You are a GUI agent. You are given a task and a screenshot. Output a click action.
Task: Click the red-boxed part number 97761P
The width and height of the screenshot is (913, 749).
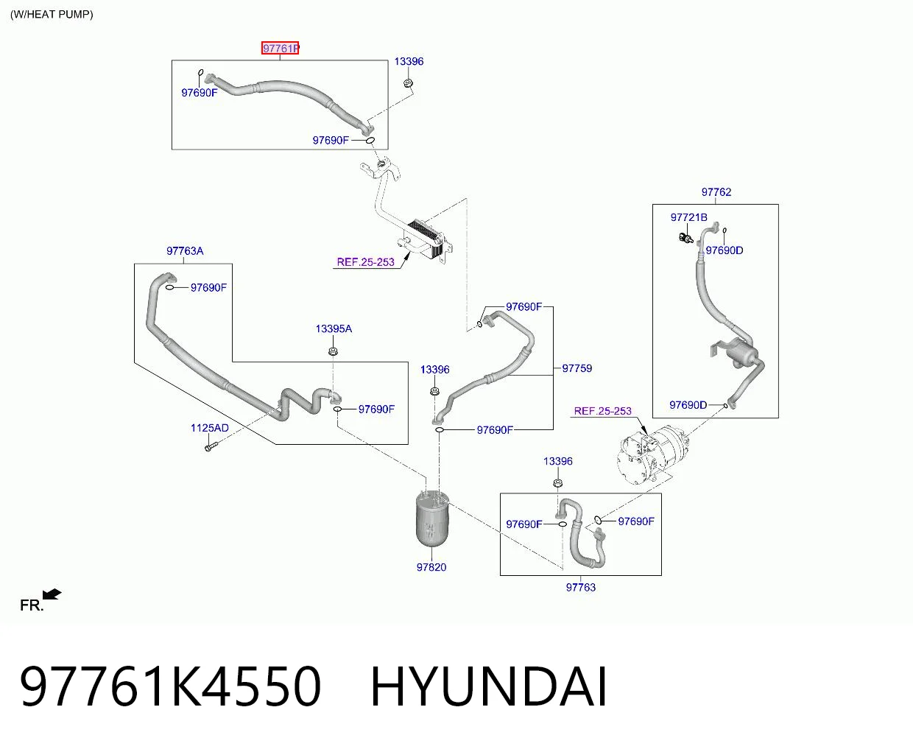coord(280,48)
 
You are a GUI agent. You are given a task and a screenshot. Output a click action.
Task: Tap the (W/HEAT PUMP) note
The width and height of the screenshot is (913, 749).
coord(52,14)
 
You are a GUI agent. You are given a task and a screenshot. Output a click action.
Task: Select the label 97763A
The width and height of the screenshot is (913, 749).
coord(185,251)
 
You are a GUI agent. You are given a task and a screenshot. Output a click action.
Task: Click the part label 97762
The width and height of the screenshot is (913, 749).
coord(716,191)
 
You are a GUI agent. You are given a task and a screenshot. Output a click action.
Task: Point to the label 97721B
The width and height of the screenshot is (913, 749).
coord(688,217)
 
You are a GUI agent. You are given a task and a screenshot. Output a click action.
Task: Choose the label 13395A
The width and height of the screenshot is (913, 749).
coord(334,329)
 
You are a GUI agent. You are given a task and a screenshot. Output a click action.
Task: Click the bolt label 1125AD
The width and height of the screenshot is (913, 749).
coord(210,428)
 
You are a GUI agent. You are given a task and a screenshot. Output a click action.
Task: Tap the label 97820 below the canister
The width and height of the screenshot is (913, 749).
coord(431,567)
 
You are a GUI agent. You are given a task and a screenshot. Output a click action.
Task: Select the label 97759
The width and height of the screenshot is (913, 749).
coord(577,368)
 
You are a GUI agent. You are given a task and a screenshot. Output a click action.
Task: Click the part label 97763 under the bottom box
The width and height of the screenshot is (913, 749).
coord(580,588)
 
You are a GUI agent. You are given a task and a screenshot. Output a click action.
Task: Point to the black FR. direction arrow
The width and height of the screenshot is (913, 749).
coord(52,594)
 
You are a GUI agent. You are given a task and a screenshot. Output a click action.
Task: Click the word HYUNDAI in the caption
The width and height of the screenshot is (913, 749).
coord(489,687)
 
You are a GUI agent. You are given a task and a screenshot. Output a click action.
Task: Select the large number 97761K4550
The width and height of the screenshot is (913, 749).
coord(170,687)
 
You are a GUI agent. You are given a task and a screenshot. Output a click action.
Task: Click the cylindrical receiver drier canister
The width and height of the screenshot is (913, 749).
coord(432,520)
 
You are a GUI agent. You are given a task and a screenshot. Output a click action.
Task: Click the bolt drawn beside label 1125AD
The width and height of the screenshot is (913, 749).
coord(211,446)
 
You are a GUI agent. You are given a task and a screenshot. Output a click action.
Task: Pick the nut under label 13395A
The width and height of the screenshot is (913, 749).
coord(333,351)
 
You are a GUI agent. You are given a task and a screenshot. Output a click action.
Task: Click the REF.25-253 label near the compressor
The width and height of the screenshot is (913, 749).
coord(602,411)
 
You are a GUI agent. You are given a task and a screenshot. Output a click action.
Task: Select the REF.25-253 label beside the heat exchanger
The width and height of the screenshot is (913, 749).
coord(365,262)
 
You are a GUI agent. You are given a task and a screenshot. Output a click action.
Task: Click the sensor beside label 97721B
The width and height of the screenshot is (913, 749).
coord(685,238)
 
